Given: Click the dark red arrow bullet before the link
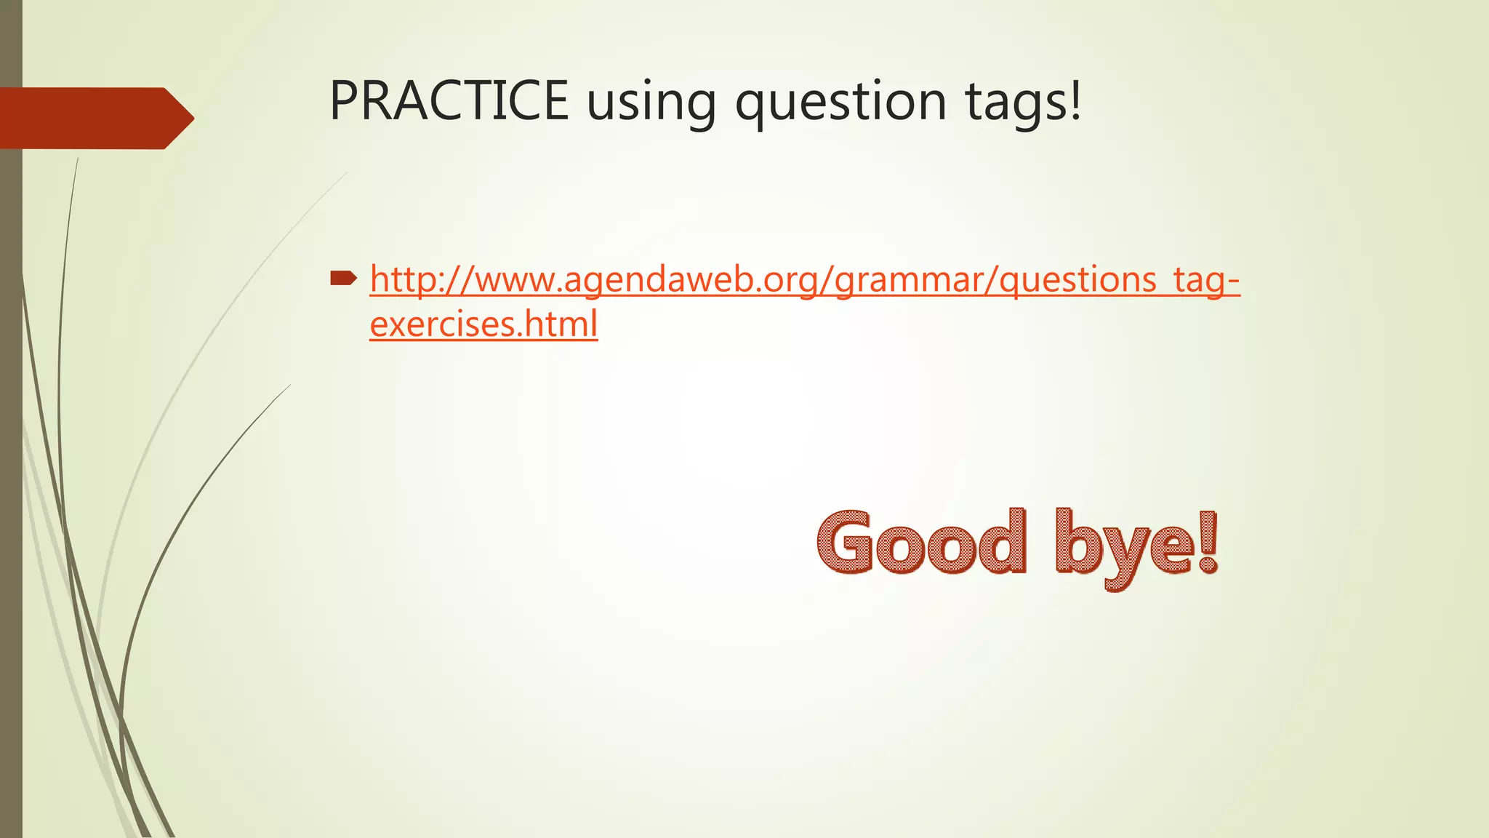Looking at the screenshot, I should [x=343, y=277].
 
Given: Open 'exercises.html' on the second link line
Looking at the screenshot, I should [x=483, y=324].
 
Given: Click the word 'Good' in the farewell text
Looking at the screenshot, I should [x=922, y=543].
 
